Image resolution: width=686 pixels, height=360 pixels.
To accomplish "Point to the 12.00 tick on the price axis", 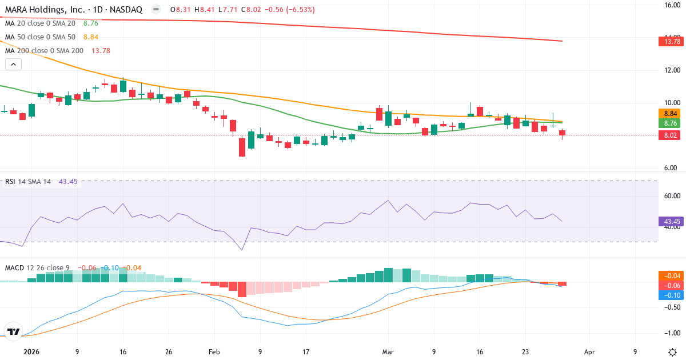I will click(x=668, y=70).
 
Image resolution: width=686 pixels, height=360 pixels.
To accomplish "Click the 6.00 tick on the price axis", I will click(x=668, y=168).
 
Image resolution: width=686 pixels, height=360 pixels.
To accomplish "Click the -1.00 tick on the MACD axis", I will click(x=668, y=333).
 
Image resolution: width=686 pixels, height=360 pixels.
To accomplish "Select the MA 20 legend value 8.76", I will click(x=91, y=23).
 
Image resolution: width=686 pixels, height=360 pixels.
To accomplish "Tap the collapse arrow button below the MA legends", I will click(x=13, y=65).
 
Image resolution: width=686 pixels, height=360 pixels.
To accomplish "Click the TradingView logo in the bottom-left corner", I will click(x=13, y=331).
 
